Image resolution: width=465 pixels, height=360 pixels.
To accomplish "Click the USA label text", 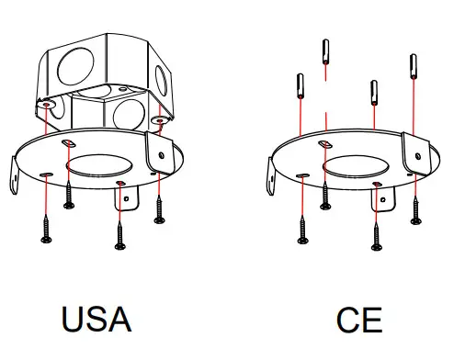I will click(96, 319).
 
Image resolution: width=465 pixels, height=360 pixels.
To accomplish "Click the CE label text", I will click(358, 321).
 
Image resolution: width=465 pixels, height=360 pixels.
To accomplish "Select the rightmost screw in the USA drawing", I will click(161, 209).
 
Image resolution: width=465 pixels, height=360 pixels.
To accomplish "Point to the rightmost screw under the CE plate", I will click(416, 209).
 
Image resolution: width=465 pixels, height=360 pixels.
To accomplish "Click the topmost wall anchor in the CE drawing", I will click(326, 52).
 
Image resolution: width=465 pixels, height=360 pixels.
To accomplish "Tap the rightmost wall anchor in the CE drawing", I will click(413, 67).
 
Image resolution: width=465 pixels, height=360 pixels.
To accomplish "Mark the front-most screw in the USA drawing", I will click(119, 233).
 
